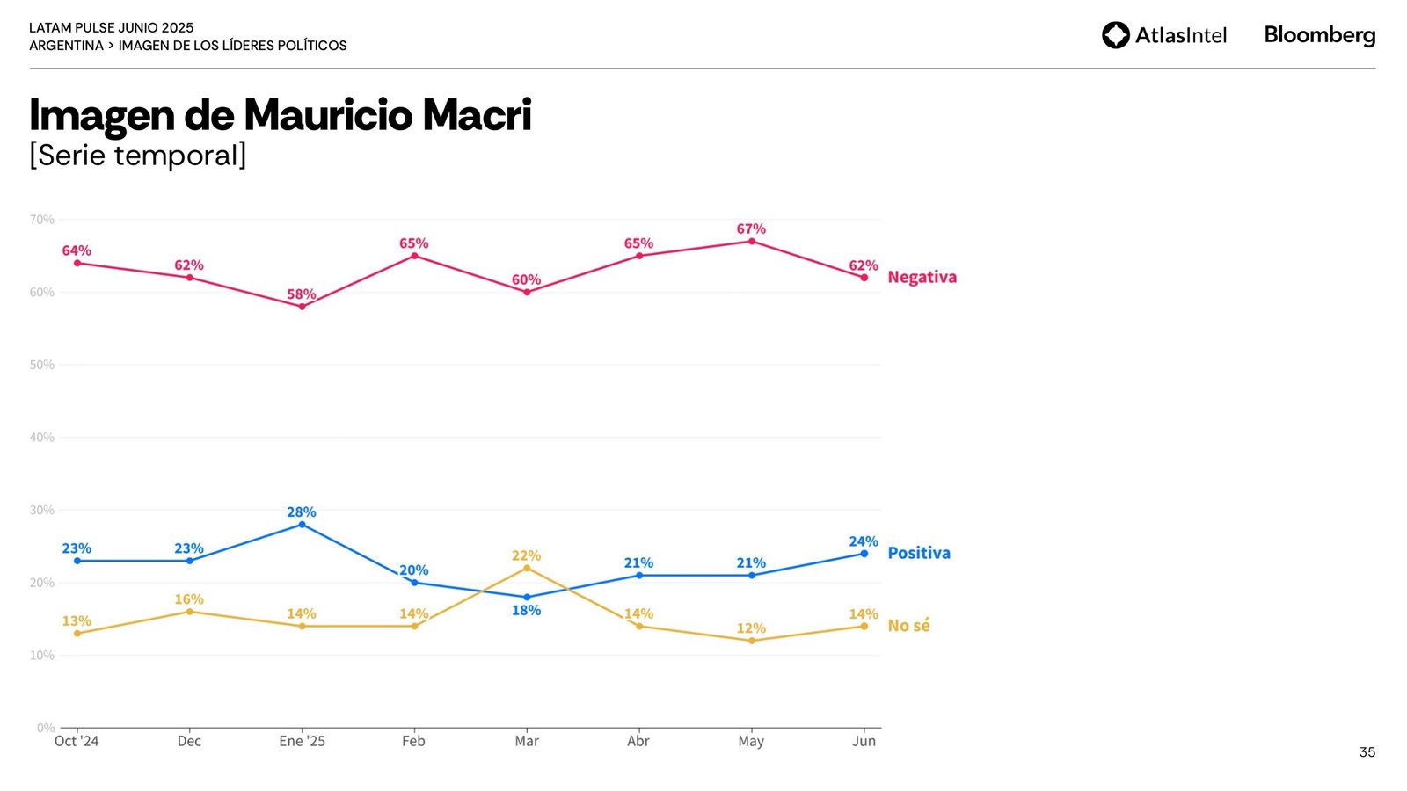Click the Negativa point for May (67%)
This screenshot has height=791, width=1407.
751,242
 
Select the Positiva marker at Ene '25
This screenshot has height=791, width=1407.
302,525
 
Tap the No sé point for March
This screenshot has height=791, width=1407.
527,568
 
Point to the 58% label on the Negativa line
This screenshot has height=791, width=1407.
302,294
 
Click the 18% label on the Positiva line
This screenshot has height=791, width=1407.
526,611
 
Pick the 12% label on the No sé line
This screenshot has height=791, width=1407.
751,628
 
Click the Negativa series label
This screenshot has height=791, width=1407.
922,278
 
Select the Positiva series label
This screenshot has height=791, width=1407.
919,553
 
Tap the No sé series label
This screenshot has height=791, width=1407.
908,626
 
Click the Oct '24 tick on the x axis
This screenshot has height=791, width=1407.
77,741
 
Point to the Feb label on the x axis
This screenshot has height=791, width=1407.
413,741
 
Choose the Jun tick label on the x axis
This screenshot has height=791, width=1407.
864,741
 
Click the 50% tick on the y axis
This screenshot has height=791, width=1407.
42,365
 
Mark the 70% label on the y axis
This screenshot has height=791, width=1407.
42,220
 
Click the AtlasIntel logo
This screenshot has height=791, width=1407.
1163,35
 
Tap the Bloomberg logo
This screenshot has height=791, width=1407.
1319,35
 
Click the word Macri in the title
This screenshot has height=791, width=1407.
476,115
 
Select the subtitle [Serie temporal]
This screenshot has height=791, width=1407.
138,156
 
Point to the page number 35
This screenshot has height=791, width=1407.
1367,752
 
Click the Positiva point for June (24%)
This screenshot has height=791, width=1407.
864,554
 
